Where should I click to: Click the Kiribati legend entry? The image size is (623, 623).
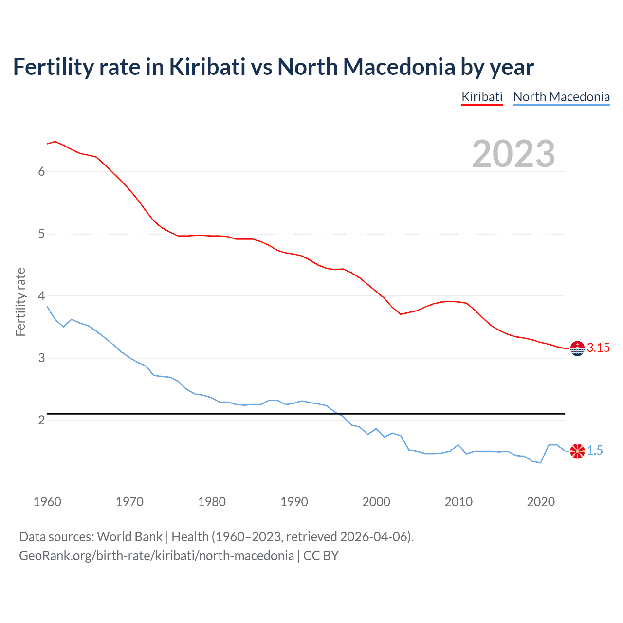[482, 97]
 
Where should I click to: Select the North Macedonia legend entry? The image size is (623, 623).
[561, 97]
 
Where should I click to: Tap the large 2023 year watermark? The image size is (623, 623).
[513, 154]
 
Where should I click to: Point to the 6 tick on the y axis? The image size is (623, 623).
[42, 171]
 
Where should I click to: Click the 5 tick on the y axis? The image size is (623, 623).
[42, 234]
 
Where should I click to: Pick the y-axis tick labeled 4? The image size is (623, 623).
[42, 296]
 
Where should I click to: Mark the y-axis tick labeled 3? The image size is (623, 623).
[42, 358]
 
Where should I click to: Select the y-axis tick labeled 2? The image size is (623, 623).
[42, 420]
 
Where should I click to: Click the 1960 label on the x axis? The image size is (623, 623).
[47, 502]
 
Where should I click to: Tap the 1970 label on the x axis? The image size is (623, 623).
[129, 502]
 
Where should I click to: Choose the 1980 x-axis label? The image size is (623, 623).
[212, 502]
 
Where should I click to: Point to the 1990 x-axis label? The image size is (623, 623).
[294, 502]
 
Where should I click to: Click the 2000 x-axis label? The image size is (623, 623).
[376, 502]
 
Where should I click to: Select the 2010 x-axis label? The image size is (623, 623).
[458, 502]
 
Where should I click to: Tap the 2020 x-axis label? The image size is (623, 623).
[541, 502]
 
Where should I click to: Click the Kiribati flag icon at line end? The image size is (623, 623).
[577, 348]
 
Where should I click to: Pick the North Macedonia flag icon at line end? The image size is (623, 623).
[577, 451]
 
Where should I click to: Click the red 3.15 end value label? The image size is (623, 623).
[598, 348]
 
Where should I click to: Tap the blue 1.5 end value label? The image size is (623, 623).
[595, 451]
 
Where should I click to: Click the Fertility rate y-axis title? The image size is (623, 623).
[20, 302]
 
